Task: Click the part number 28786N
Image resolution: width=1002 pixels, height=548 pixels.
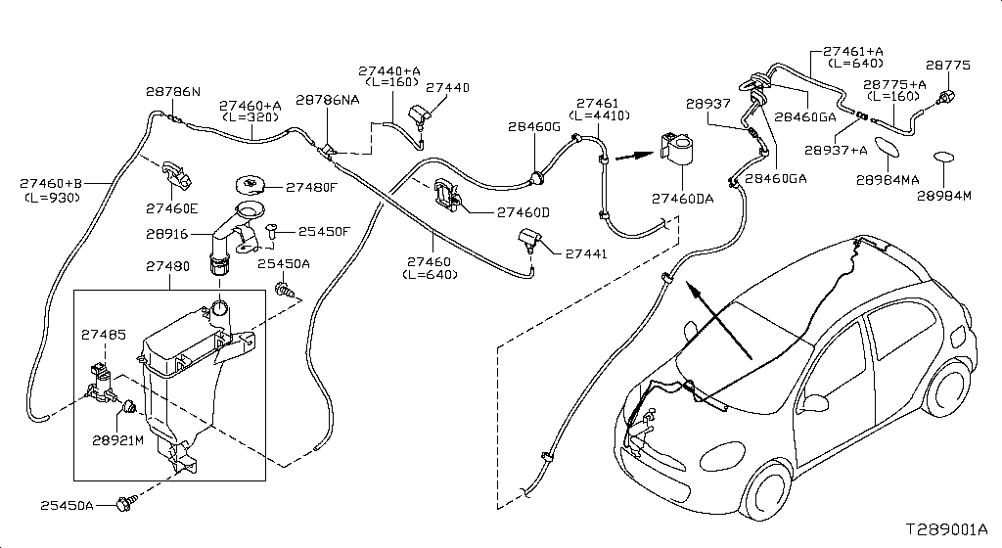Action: point(173,92)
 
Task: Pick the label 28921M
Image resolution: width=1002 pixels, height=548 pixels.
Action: point(118,440)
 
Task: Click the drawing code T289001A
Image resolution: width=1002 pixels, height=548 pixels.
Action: point(945,528)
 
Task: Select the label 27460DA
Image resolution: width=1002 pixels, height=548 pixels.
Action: point(682,199)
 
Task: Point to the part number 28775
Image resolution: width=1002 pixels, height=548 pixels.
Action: point(948,66)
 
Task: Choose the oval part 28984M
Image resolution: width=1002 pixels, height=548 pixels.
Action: point(946,159)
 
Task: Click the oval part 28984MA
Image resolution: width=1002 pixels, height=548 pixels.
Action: point(888,147)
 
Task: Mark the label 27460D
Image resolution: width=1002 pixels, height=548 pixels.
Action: point(524,212)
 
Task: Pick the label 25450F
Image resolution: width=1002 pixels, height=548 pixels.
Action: point(324,232)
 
